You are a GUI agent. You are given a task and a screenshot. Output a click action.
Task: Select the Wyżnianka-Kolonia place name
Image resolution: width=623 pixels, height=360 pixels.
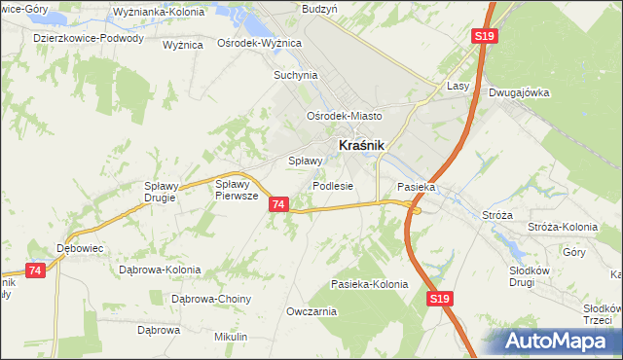tap(151, 12)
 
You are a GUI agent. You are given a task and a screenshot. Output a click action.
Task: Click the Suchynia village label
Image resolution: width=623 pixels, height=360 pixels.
tap(296, 74)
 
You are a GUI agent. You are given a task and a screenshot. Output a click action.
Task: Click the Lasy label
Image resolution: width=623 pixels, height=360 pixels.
tap(458, 86)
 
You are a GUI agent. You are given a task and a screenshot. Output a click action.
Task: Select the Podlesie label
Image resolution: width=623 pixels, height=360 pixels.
tap(333, 186)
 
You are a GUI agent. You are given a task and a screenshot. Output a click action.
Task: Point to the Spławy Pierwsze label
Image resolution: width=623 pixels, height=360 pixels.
tap(236, 189)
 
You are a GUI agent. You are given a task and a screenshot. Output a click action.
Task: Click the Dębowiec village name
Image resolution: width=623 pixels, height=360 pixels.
tap(80, 247)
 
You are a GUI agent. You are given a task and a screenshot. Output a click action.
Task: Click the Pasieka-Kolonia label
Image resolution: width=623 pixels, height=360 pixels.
tap(369, 284)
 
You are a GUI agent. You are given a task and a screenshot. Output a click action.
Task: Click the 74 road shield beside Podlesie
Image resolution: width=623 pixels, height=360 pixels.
tap(279, 204)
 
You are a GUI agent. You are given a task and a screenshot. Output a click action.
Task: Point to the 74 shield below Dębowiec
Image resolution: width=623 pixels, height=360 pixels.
tap(36, 270)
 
